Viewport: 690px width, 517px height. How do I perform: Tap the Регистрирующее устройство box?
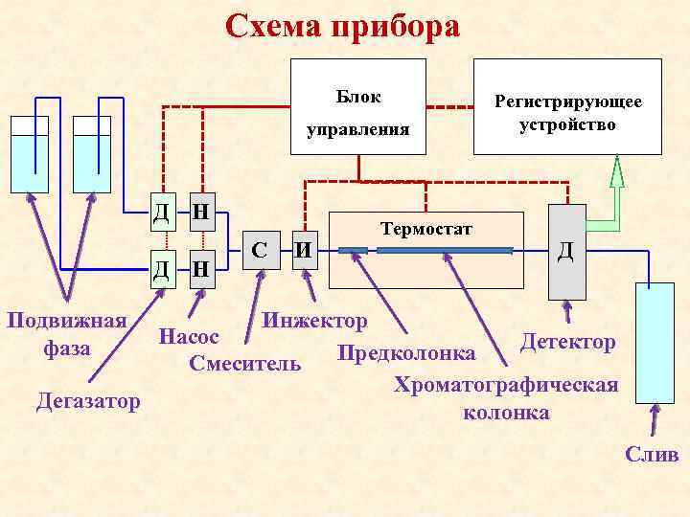pos(567,106)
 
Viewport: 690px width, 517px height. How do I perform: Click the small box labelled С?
pos(259,252)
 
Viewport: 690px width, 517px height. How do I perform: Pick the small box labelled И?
pos(304,252)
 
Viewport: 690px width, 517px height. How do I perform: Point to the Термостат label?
pos(426,229)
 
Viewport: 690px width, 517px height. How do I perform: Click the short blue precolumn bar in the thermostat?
pos(354,251)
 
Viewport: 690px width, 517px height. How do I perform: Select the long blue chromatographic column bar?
pos(445,251)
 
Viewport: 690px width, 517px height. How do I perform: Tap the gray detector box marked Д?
pos(566,251)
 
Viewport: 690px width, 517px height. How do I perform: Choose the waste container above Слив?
pos(655,345)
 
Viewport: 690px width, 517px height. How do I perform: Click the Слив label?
pos(652,454)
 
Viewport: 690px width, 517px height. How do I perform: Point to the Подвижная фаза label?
pos(66,333)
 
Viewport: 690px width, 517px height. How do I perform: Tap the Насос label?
pos(190,337)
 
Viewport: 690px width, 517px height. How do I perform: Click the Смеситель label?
pos(245,364)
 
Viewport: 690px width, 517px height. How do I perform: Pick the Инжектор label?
pos(314,319)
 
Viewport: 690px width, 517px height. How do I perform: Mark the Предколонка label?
pos(406,352)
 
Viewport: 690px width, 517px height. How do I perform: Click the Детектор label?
pos(568,341)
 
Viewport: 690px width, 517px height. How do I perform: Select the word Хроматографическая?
pos(506,386)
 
